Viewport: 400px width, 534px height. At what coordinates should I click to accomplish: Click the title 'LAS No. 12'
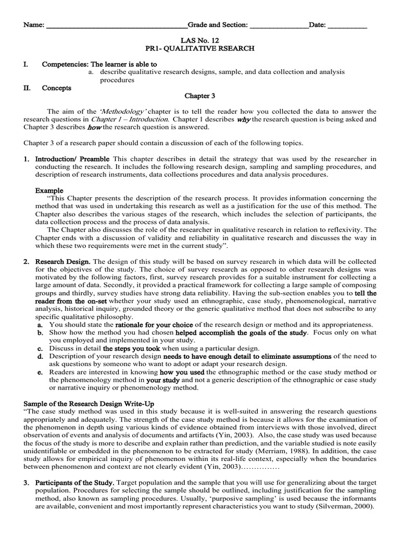(x=199, y=40)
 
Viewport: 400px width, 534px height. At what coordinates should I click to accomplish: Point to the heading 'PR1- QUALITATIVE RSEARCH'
(x=199, y=48)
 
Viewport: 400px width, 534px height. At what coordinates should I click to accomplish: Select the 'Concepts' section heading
(x=57, y=88)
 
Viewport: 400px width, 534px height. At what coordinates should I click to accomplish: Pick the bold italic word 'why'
(x=243, y=119)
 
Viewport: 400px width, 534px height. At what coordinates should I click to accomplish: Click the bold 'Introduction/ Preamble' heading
(x=72, y=159)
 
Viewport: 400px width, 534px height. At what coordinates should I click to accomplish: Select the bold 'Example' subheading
(x=49, y=190)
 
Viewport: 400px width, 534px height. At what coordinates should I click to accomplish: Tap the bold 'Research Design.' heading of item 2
(x=63, y=261)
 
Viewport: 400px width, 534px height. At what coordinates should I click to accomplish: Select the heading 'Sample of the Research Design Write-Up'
(x=89, y=404)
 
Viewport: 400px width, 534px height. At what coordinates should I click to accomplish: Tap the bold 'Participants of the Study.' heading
(x=74, y=482)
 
